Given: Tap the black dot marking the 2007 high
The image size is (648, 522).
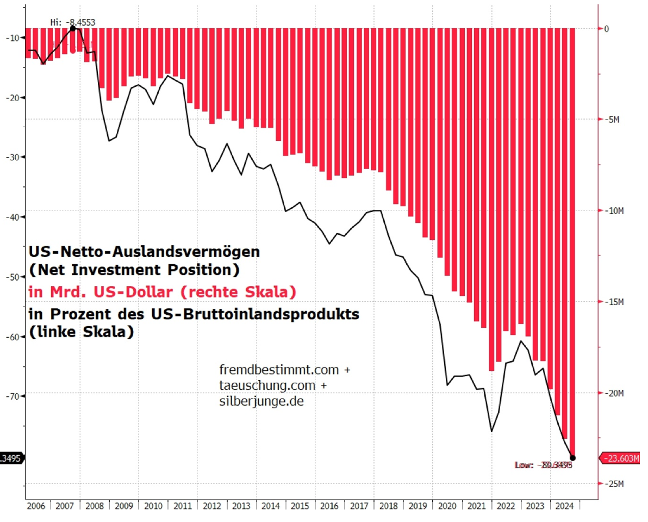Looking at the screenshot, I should click(x=73, y=28).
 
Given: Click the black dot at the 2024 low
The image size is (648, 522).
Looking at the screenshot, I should click(x=572, y=458).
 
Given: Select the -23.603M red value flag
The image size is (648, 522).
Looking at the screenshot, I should click(x=620, y=459).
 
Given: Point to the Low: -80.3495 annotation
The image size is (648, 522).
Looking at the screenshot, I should click(x=543, y=465).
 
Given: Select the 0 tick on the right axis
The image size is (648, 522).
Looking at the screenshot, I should click(x=607, y=28).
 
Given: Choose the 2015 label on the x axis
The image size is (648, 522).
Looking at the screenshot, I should click(x=301, y=505).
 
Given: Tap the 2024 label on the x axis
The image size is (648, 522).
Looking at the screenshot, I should click(x=564, y=505).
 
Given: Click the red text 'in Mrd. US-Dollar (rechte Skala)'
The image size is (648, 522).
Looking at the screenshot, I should click(x=163, y=293).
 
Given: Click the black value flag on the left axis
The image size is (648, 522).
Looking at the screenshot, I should click(x=11, y=458).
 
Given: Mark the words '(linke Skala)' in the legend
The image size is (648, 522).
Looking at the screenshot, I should click(x=81, y=332).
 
